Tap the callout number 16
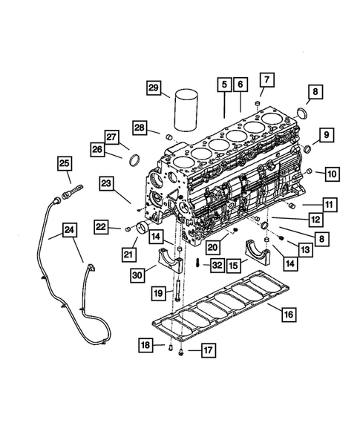(287, 315)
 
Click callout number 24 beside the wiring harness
(69, 231)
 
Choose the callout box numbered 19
(157, 293)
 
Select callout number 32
(216, 263)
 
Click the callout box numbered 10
(331, 174)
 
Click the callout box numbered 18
(147, 344)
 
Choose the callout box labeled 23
(107, 183)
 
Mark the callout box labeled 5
(223, 86)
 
